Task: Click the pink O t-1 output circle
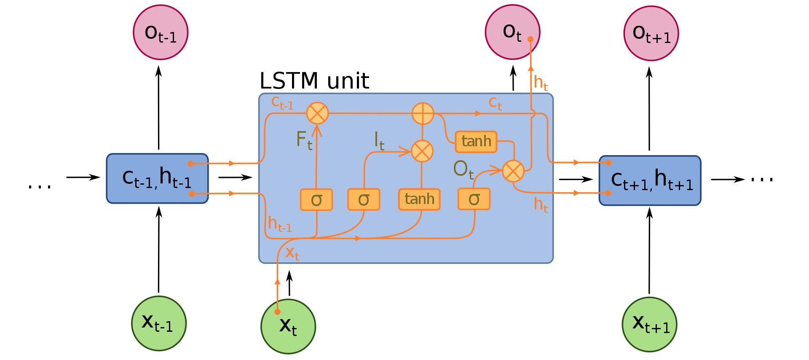coord(161,32)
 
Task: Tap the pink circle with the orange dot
coord(512,32)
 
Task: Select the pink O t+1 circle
coord(651,33)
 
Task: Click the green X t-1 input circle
coord(159,323)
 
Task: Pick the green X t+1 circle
coord(649,324)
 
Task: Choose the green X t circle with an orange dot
coord(288,326)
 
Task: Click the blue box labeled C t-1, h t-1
coord(157,178)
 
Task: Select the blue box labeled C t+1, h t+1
coord(650,180)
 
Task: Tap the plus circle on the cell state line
coord(423,113)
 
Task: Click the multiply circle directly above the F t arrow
coord(317,113)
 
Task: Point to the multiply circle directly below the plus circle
coord(422,151)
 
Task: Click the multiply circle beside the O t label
coord(513,171)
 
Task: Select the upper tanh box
coord(476,141)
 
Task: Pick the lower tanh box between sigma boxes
coord(419,199)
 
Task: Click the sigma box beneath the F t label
coord(316,199)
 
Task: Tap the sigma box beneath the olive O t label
coord(474,199)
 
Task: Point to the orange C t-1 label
coord(282,102)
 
